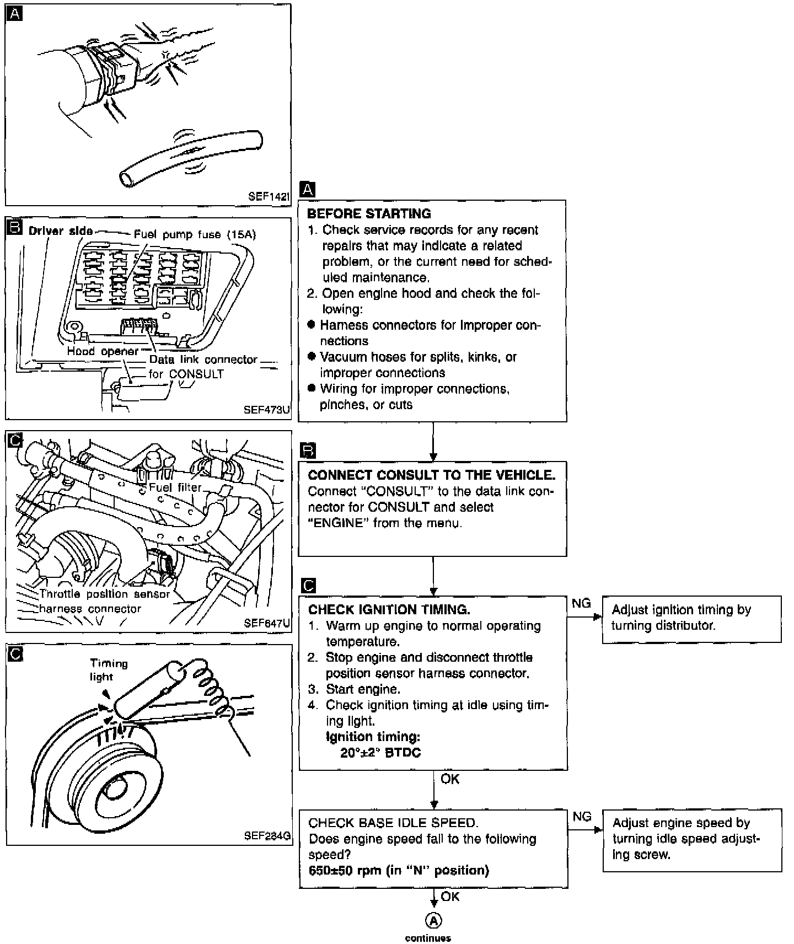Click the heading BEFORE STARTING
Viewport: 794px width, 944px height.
[369, 214]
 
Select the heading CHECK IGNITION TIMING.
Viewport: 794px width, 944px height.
[389, 610]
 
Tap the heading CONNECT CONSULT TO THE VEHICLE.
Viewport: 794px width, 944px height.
[431, 475]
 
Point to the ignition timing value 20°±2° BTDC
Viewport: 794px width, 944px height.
[380, 753]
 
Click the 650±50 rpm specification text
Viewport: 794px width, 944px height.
[399, 871]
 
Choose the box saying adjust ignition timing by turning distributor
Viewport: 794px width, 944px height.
[691, 618]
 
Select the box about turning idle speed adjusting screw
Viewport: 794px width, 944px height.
[692, 839]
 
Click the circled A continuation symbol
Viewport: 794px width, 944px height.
[433, 920]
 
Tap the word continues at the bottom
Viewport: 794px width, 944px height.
[428, 938]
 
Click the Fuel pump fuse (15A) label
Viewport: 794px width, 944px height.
[195, 234]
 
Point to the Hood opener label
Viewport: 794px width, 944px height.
[103, 351]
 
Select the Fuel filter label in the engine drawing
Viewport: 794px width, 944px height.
[175, 487]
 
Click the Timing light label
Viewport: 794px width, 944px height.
[109, 670]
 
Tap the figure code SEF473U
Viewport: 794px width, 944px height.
[266, 410]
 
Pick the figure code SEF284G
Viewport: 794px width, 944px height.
[267, 835]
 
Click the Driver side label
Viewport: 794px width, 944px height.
[61, 231]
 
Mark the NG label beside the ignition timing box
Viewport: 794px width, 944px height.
[581, 603]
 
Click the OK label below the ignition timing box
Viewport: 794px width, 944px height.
[450, 779]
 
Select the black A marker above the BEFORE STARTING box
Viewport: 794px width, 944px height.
[307, 190]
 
